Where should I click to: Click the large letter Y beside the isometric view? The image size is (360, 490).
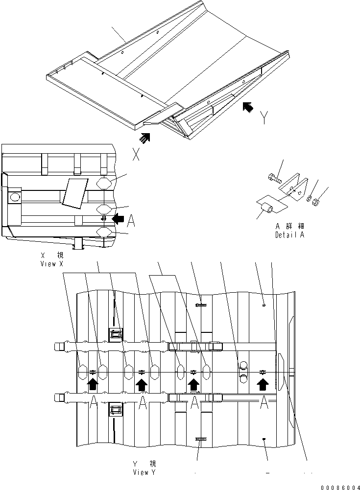coord(264,117)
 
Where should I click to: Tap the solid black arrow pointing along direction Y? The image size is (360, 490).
coord(249,107)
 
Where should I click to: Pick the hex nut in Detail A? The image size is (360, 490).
coord(316,201)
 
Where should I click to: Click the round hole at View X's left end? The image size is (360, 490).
coord(15,197)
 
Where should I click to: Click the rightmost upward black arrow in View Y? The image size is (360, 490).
coord(263,384)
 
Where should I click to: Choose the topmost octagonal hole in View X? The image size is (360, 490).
coord(106,184)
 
